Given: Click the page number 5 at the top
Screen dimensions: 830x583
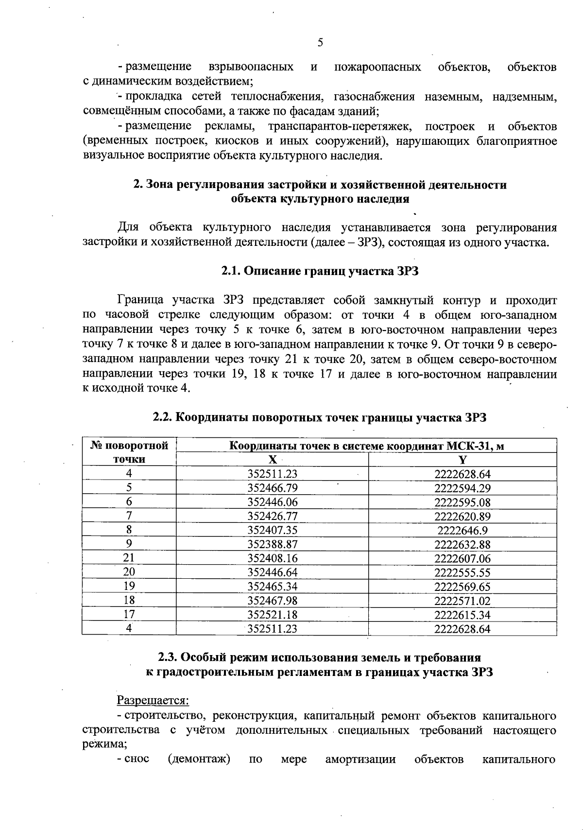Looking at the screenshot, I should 320,43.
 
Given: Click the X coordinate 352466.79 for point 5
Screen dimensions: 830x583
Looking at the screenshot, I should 272,488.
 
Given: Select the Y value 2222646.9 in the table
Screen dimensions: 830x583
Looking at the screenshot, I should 462,530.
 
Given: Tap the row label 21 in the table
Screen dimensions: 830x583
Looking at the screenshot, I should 129,558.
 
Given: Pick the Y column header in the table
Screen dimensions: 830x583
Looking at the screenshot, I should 463,460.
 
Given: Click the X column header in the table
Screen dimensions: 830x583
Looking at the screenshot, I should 273,460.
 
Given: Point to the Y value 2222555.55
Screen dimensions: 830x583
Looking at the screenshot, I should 462,572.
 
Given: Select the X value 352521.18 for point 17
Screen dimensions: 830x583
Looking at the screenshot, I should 272,615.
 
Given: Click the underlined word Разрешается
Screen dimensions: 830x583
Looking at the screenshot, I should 153,700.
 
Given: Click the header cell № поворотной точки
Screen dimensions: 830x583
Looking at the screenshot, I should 129,452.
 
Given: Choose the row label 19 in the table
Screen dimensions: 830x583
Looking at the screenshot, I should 129,587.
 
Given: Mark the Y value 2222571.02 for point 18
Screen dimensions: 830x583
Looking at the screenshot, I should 462,601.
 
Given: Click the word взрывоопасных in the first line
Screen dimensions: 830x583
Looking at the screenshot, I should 251,67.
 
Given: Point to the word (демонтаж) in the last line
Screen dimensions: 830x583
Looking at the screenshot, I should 198,759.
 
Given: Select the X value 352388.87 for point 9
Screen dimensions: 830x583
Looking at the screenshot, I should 272,544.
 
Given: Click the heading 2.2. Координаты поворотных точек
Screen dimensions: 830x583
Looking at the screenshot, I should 320,417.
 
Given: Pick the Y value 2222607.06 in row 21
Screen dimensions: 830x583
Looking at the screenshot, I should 462,558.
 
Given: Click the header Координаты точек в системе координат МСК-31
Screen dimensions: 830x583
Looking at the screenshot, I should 366,446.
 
